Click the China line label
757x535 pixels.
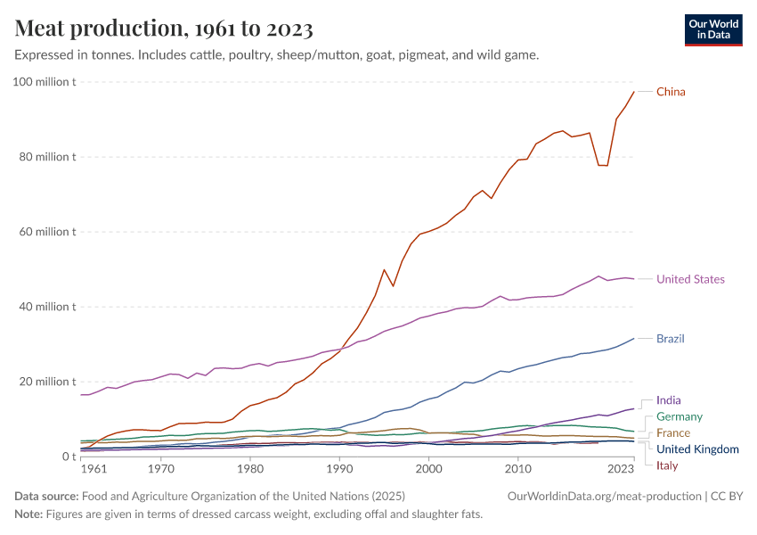point(671,92)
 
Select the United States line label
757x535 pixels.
point(690,279)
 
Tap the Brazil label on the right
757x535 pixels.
point(670,339)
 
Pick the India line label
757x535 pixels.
point(668,400)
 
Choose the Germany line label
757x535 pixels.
point(680,416)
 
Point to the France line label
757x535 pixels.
point(673,432)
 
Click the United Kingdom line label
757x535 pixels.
point(697,449)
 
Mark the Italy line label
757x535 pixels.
point(668,465)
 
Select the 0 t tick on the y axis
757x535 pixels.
point(68,457)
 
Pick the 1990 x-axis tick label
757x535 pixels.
point(339,468)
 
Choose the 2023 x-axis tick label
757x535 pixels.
point(621,468)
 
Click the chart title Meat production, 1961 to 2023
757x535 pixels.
point(164,29)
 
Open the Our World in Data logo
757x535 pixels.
point(712,29)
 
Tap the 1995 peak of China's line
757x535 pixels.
point(384,269)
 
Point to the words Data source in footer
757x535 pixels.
point(46,496)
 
